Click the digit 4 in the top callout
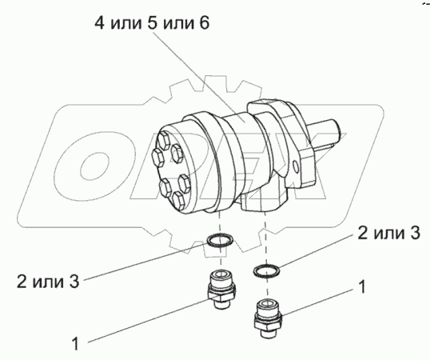(100, 23)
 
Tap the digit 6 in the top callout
(204, 23)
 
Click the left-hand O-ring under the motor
(220, 239)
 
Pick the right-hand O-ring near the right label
(267, 270)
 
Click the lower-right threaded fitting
(268, 318)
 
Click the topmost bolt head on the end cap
(165, 139)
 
